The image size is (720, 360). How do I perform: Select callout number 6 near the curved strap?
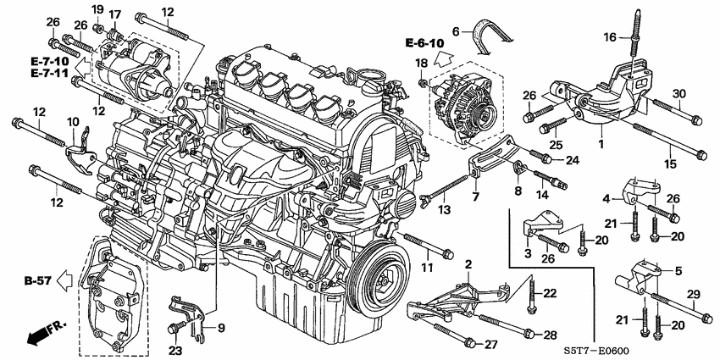click(x=456, y=30)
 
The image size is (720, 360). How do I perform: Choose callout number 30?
click(x=678, y=93)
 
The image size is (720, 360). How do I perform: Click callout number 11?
click(x=426, y=269)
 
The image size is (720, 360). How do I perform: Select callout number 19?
click(x=97, y=9)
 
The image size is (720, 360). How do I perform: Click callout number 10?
click(x=73, y=123)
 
